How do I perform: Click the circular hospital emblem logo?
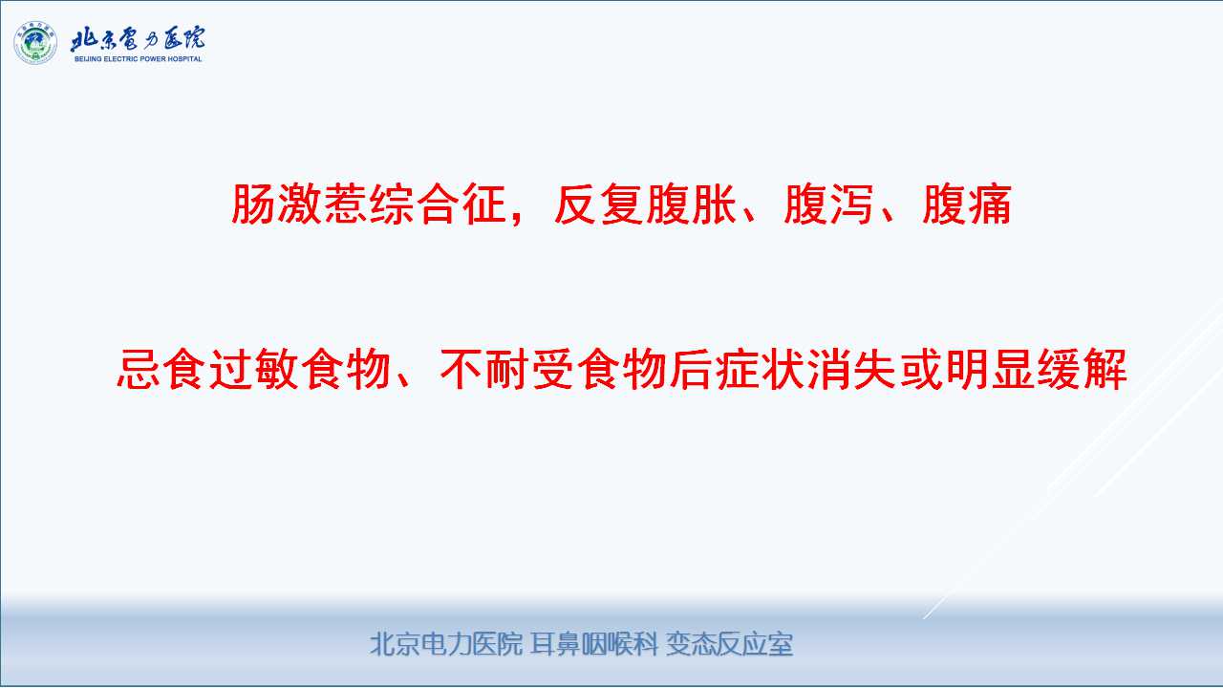[x=35, y=43]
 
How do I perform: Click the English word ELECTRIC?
[x=119, y=59]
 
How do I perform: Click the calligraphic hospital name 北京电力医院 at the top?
[x=138, y=39]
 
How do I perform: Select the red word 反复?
[x=599, y=204]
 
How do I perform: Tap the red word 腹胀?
[x=691, y=204]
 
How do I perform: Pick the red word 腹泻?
[x=828, y=204]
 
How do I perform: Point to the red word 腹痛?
[x=967, y=204]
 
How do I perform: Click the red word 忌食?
[x=161, y=369]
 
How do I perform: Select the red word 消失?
[x=852, y=369]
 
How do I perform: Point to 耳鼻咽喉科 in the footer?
[x=594, y=644]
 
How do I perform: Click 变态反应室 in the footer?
[x=729, y=644]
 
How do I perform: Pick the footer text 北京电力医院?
[x=446, y=644]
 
